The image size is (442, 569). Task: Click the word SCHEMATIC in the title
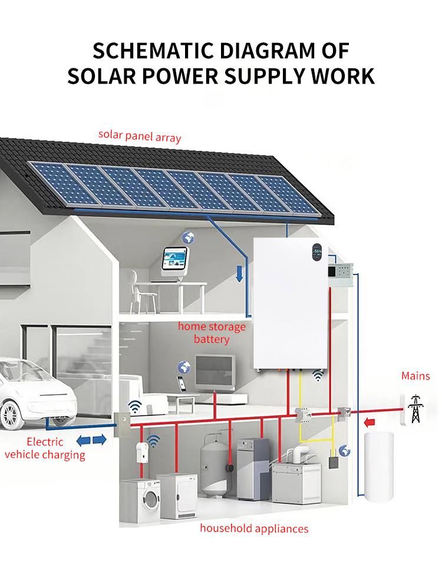click(x=153, y=51)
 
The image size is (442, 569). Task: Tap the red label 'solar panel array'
click(x=140, y=136)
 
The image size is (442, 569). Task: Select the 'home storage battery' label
click(x=212, y=333)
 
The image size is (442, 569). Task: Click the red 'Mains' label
click(x=415, y=376)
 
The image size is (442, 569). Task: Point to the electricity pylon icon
click(x=415, y=409)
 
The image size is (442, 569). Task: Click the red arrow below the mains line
click(x=370, y=422)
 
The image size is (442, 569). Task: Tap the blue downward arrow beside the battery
click(x=239, y=274)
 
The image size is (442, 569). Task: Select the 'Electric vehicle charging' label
click(x=45, y=448)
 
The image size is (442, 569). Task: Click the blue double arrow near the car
click(x=91, y=440)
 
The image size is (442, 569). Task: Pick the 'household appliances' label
click(x=254, y=528)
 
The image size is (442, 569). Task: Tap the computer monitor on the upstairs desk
click(x=174, y=259)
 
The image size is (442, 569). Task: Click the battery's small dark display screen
click(x=317, y=252)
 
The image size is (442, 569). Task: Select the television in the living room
click(x=215, y=372)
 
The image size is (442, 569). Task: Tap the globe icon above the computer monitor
click(x=188, y=238)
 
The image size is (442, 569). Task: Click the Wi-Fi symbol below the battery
click(x=318, y=375)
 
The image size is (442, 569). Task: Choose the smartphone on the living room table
click(x=182, y=384)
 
